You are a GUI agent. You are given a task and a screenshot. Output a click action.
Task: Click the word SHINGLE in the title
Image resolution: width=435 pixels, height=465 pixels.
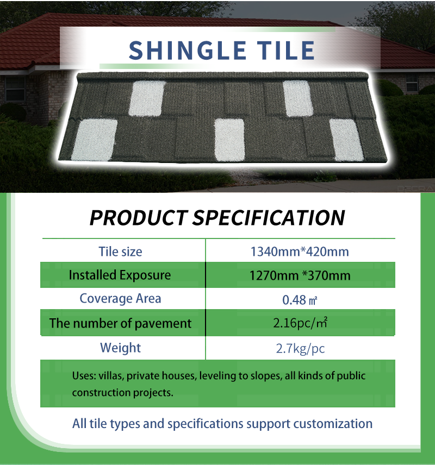[188, 50]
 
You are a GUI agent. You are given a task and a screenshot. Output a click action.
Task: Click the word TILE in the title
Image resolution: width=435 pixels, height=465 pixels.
[286, 50]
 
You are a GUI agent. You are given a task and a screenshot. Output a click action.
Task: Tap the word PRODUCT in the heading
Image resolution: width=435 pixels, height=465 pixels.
[139, 218]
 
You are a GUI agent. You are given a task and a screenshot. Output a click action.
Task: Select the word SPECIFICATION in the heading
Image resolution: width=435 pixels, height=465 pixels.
[269, 218]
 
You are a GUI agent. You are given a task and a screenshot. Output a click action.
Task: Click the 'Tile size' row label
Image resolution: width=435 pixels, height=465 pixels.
[120, 252]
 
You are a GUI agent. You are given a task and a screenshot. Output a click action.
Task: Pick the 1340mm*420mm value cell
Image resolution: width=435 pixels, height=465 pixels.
[300, 252]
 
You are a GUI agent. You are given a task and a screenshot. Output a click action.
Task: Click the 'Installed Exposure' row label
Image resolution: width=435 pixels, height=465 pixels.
[120, 275]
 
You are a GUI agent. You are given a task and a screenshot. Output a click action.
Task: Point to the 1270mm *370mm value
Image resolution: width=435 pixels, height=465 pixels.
[300, 275]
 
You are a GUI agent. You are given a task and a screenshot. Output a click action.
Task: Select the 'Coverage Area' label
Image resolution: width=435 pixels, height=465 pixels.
[120, 298]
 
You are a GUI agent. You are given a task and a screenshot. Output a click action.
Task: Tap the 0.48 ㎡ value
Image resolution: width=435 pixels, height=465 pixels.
[300, 300]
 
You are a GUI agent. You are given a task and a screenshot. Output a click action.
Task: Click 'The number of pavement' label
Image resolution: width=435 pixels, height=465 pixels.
[120, 323]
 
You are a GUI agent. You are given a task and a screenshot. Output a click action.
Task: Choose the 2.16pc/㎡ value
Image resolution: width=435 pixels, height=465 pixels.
[300, 323]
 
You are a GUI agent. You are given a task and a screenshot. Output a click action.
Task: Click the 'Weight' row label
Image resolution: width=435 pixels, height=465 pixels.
[120, 348]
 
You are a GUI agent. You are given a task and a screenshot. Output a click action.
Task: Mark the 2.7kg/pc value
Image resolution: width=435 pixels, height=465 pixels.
[300, 348]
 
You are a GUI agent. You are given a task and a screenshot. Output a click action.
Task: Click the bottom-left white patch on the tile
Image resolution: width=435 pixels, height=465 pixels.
[95, 140]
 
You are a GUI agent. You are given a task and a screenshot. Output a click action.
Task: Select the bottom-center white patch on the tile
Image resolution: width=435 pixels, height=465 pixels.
[229, 140]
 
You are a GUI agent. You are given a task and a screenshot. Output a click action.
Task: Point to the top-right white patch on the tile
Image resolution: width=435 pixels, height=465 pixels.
[298, 98]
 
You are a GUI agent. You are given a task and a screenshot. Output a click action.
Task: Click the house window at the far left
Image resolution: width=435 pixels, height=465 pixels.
[15, 89]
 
